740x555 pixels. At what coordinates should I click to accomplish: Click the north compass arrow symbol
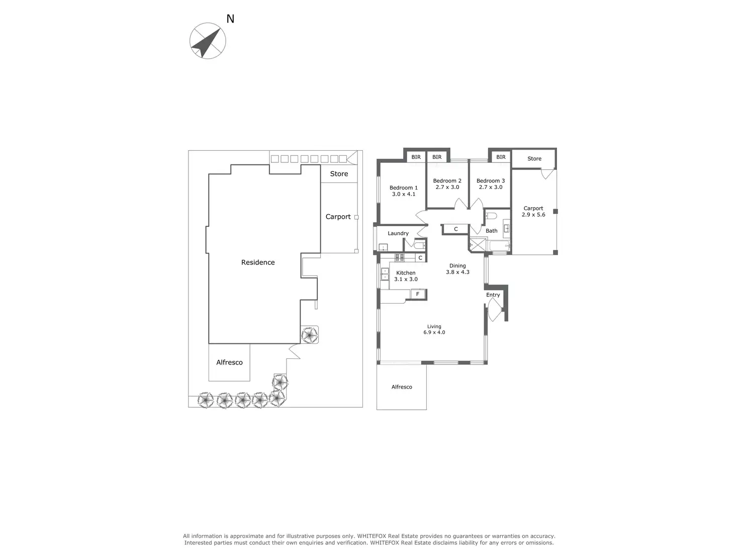208,41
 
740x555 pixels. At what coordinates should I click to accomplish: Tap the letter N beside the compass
230,19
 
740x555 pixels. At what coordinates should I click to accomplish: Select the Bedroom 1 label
403,188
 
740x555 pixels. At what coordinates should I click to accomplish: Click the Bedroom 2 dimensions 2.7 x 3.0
447,188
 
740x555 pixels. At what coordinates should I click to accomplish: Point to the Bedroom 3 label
491,181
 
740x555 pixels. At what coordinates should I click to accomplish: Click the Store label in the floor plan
534,159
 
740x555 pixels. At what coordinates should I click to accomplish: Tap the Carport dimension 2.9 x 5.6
533,215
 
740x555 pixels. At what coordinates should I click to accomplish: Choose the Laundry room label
398,233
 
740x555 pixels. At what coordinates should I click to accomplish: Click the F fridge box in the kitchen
418,294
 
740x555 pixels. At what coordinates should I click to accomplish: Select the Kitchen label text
406,273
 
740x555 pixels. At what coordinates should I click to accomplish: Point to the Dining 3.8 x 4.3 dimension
457,272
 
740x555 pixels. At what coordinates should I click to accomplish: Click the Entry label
493,295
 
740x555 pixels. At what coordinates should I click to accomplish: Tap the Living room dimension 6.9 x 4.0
434,332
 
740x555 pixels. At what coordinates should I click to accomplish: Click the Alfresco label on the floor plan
402,387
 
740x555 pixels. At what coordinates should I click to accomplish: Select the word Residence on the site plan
258,262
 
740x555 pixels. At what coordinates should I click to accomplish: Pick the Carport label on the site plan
338,217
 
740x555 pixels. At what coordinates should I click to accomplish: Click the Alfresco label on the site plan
229,362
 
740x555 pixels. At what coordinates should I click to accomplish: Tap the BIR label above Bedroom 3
501,157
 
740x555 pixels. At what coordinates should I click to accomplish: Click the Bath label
491,231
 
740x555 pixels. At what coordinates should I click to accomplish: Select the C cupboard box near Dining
456,229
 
